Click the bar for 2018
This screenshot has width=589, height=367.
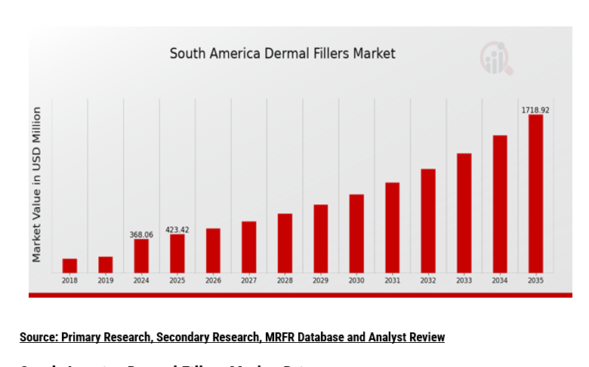(x=69, y=265)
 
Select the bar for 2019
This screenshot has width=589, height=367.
(x=106, y=265)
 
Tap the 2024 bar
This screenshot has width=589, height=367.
(x=141, y=255)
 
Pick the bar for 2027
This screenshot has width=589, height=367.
(x=249, y=246)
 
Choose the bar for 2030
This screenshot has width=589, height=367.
(x=356, y=234)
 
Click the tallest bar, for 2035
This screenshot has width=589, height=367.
(x=535, y=194)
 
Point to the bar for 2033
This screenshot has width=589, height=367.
(x=464, y=213)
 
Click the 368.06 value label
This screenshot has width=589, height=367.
(x=141, y=234)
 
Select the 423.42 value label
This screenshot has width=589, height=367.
(x=177, y=230)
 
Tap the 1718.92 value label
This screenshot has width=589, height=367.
(x=535, y=110)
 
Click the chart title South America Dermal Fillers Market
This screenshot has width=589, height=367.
(x=282, y=54)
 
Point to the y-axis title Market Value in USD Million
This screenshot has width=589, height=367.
(x=36, y=185)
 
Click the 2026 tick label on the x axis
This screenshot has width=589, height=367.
(x=213, y=280)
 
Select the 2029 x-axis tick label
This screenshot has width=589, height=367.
(x=321, y=280)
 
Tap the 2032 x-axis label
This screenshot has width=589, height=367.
(x=428, y=280)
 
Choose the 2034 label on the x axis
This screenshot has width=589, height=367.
(x=500, y=280)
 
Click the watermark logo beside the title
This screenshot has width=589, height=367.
(x=495, y=58)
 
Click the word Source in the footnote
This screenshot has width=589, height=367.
(x=38, y=337)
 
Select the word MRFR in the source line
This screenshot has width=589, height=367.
(x=277, y=337)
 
